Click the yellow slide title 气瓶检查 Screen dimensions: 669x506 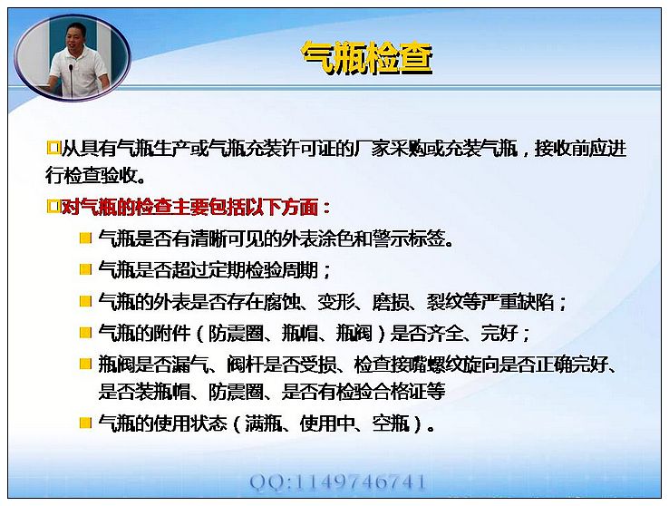367,58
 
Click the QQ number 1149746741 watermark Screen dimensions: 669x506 338,482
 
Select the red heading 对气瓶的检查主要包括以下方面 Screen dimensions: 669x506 190,208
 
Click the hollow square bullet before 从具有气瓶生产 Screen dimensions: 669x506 53,148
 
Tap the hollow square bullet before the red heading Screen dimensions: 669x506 53,207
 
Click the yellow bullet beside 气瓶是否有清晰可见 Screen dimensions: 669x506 86,238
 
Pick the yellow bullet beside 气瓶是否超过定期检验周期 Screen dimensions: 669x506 86,269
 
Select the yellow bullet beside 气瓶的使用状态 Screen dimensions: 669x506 86,423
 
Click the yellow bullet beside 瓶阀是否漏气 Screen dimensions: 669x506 86,364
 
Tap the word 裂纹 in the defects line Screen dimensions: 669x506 444,302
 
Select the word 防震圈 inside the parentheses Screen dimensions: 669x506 236,333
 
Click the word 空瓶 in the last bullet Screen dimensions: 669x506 391,423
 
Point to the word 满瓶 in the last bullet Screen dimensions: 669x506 263,423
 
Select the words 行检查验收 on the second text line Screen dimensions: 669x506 91,175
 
